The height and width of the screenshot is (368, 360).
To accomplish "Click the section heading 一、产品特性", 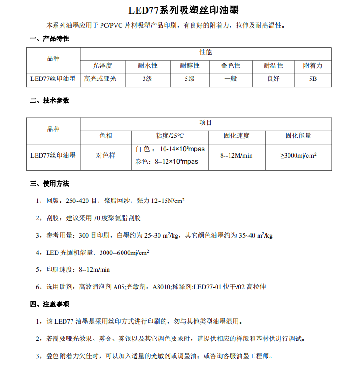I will pos(50,38).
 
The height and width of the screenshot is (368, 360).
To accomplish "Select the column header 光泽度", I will pos(102,65).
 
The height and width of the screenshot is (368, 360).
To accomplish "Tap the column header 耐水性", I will pos(147,65).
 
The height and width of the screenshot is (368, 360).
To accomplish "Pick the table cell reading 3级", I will pos(147,79).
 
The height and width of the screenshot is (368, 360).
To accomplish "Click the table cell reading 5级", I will pos(189,79).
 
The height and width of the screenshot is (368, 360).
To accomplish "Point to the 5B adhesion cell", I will pos(313,79).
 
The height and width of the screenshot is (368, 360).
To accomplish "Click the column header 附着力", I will pos(313,65).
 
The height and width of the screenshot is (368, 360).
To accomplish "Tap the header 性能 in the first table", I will pos(206,52).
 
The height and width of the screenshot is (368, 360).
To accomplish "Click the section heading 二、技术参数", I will pos(50,100).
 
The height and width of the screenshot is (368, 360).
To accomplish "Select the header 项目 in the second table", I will pos(206,123).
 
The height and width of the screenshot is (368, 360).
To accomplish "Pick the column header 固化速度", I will pos(236,136).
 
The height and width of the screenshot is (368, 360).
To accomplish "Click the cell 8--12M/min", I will pos(236,155).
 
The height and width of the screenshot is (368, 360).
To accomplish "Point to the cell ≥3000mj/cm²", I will pos(298,155).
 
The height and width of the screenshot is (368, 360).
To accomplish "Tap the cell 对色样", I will pos(106,155).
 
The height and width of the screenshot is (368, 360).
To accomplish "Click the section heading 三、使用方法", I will pos(50,183).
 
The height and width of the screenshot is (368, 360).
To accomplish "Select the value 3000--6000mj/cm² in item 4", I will pos(124,253).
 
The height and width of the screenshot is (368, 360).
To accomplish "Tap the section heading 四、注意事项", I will pos(50,304).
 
